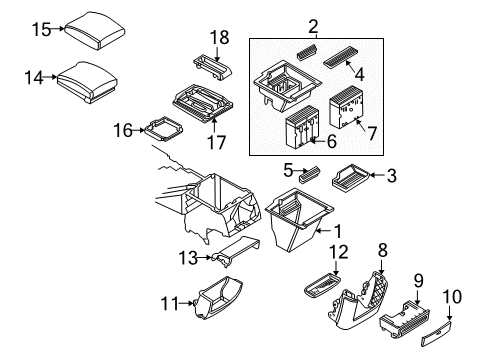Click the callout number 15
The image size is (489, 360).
(42, 29)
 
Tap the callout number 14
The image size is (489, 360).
(34, 78)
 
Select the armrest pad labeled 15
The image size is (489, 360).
(95, 31)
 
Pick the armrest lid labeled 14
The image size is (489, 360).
(87, 82)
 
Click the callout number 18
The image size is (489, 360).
(219, 37)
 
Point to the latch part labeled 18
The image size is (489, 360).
(213, 68)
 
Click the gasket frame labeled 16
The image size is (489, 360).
(163, 129)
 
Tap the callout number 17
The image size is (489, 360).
(216, 142)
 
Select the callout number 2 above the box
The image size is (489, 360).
(313, 27)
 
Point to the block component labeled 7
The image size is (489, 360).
(346, 107)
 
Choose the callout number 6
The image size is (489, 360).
(331, 141)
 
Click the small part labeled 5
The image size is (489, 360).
(310, 175)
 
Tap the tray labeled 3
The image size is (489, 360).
(351, 178)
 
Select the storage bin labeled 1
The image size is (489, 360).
(299, 219)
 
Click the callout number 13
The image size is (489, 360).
(188, 258)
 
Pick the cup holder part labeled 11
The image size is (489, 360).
(218, 297)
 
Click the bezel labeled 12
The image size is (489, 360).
(322, 284)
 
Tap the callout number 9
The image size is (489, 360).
(419, 280)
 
